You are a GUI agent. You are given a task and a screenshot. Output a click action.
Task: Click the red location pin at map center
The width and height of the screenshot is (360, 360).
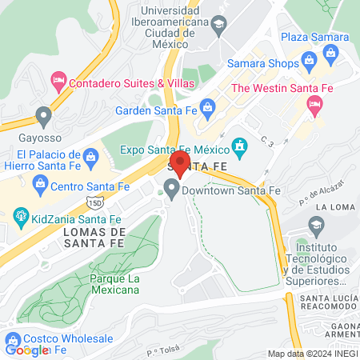coord(180,164)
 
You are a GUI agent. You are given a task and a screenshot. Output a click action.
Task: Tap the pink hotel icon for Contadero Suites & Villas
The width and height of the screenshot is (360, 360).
coord(58,81)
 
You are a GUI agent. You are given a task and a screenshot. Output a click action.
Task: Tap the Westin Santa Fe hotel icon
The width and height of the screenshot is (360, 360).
coord(316,104)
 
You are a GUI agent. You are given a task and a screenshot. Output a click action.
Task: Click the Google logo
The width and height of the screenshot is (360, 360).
coord(26,350)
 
